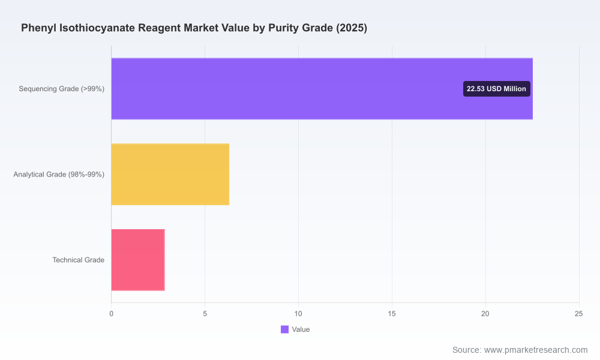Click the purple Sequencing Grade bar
322,89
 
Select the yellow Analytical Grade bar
170,175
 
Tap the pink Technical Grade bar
138,260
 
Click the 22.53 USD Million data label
496,89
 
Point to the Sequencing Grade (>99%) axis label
62,89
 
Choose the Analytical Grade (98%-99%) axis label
59,175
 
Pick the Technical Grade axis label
79,260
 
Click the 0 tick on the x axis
112,314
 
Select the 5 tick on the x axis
205,314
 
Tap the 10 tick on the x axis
298,314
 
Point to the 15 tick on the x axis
392,314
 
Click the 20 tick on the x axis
485,314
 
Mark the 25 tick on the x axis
578,314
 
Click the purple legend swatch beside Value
284,329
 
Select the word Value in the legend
301,329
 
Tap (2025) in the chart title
352,28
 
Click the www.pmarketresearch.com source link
536,350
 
